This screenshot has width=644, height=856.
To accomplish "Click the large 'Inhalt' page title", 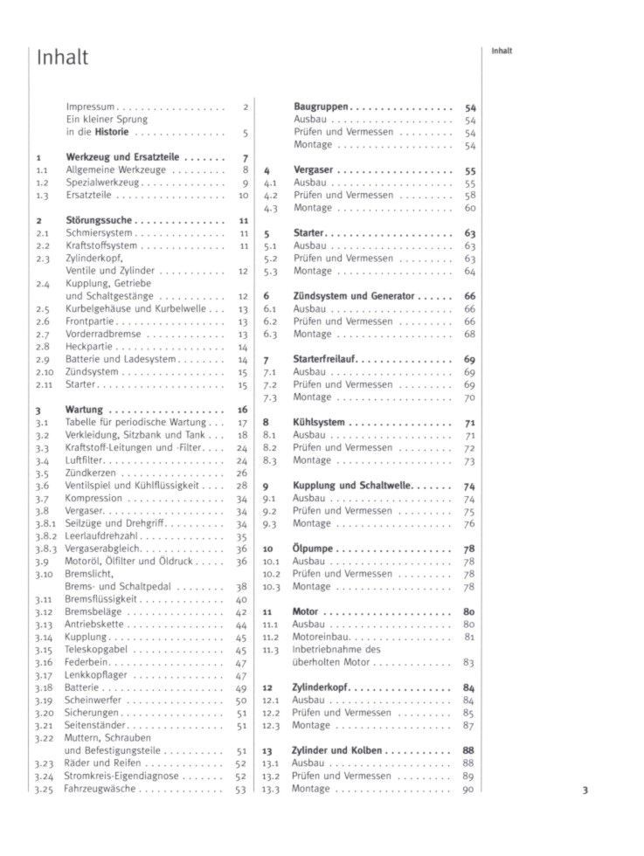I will pos(62,58).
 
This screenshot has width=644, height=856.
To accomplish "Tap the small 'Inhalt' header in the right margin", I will pos(502,51).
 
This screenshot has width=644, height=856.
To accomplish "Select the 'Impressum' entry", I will pos(91,107).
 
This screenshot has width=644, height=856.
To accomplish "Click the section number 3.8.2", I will pos(45,536).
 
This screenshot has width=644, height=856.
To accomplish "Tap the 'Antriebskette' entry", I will pos(94,625).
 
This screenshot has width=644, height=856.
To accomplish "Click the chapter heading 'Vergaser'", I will pos(313,170).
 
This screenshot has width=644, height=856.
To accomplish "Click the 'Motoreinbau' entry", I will pos(321,637).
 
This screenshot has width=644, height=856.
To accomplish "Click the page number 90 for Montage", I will pos(467,789).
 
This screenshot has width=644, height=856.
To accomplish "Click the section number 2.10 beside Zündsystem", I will pos(45,372).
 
